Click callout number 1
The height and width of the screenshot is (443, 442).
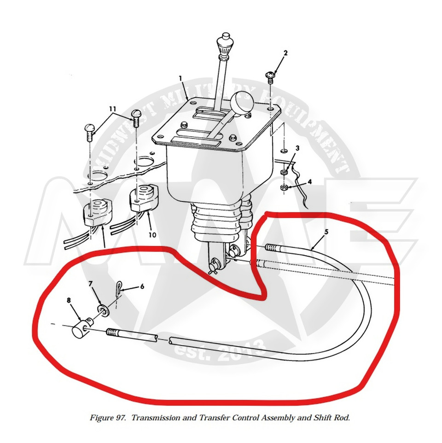(x=180, y=78)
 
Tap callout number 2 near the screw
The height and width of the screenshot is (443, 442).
(x=285, y=53)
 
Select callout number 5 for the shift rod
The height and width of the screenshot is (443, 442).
(x=326, y=232)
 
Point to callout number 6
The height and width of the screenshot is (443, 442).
(x=142, y=286)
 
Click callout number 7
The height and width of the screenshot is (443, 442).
(x=91, y=284)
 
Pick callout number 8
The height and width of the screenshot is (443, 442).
(x=69, y=300)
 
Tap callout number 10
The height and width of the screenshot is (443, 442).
(x=152, y=235)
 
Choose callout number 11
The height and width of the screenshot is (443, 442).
(x=113, y=109)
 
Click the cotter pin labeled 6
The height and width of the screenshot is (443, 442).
(x=119, y=288)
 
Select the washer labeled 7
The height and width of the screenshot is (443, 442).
(x=104, y=310)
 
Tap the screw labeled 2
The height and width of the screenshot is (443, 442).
(x=270, y=76)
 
